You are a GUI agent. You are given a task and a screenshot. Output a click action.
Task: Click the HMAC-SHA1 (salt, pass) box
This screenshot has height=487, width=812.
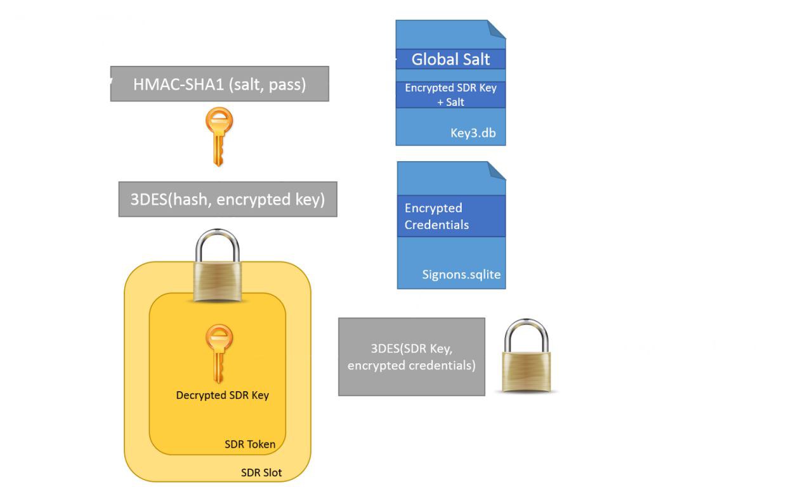point(219,84)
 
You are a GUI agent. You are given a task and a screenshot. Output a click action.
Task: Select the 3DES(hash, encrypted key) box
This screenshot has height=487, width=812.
point(227,199)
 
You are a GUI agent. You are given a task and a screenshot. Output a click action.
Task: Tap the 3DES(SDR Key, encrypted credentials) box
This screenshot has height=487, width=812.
point(411,356)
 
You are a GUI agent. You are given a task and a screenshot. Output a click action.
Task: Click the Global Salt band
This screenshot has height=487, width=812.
point(450,59)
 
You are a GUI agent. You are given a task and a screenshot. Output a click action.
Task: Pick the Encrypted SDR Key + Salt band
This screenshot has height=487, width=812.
point(450,94)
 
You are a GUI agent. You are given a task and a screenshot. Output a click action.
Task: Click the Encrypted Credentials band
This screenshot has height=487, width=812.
point(450,216)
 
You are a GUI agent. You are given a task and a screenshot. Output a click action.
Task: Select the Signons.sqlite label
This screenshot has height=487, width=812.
point(461,275)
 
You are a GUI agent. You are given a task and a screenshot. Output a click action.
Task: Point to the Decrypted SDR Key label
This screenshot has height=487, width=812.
point(222,395)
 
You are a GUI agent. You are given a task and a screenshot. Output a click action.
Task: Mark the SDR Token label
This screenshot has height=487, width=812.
point(250,444)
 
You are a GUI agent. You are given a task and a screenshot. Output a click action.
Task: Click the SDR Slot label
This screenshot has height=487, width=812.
point(261,472)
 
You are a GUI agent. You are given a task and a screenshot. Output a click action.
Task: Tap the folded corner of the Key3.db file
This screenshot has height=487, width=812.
point(497,29)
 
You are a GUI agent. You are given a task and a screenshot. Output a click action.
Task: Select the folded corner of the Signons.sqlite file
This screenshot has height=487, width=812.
point(497,170)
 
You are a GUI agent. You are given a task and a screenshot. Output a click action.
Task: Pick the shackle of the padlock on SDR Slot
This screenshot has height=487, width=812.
point(217,244)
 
